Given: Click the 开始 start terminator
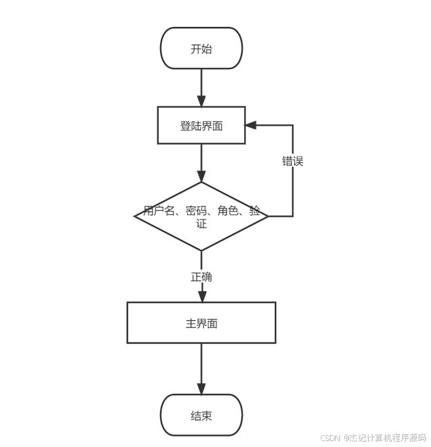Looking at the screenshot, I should [201, 48].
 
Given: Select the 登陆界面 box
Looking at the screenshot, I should [201, 125].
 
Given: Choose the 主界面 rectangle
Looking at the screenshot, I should [201, 323].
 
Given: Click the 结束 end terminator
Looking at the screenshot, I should [201, 415].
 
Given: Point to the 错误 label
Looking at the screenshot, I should [293, 161].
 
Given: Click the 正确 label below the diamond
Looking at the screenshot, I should [201, 277].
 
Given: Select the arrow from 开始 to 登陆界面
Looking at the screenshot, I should [201, 85].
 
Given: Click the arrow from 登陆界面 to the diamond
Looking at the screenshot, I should [201, 161].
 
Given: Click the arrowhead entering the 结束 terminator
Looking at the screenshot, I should [201, 388].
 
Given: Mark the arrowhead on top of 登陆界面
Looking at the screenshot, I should [201, 101].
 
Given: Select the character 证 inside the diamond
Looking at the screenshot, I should [201, 223].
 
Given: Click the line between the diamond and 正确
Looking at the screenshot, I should [201, 260].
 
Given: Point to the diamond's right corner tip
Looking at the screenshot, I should [268, 216].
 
